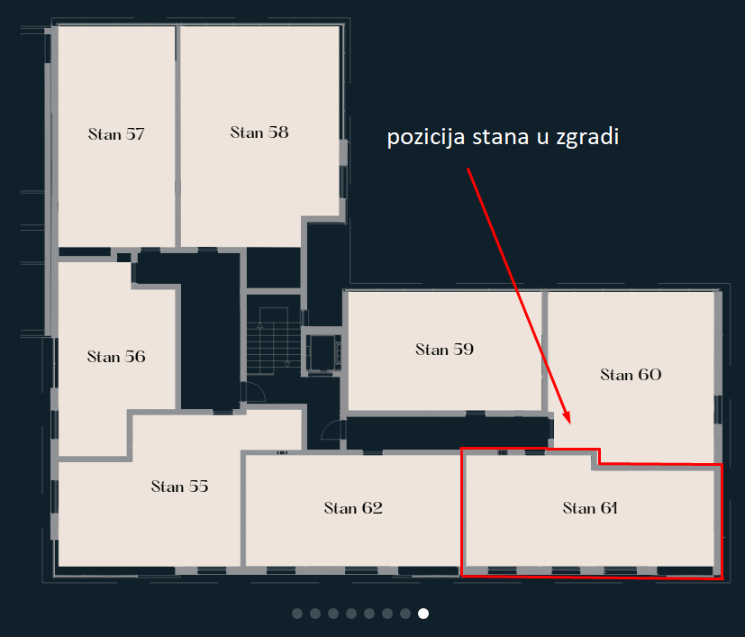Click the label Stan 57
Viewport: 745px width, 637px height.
point(116,134)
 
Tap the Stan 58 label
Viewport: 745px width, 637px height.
point(259,132)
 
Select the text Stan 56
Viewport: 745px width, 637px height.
point(116,357)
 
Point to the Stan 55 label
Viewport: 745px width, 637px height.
point(179,487)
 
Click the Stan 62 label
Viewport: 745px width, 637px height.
point(353,508)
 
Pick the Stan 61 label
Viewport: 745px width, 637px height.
point(590,508)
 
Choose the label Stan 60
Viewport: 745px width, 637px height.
point(631,375)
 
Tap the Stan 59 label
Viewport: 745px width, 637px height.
point(445,350)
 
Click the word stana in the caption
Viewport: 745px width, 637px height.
point(500,137)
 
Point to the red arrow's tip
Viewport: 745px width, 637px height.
point(569,424)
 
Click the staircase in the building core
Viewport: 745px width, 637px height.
point(274,341)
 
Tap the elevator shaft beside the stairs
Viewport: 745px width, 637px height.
point(323,351)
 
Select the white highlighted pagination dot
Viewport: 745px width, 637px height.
point(423,614)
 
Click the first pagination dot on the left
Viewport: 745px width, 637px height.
point(297,614)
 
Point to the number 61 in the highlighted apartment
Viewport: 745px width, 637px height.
point(609,508)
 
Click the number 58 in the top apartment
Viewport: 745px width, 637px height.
point(278,132)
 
